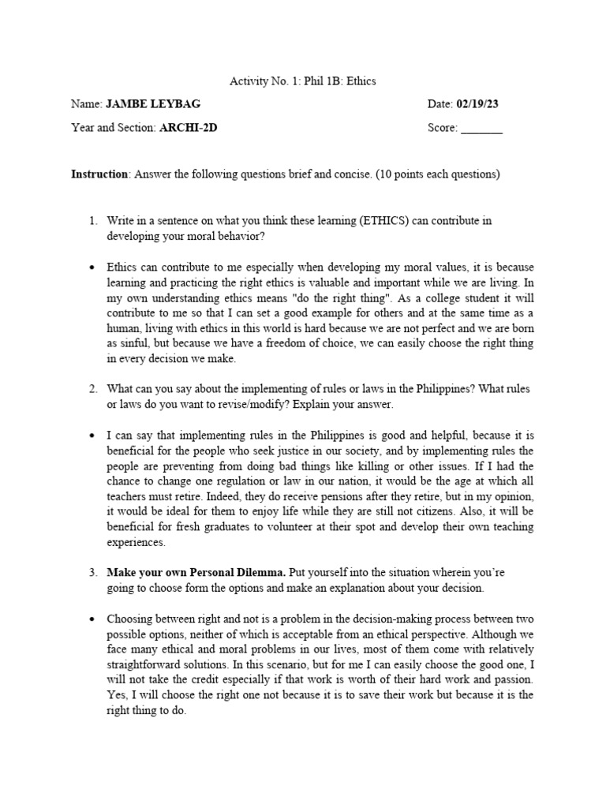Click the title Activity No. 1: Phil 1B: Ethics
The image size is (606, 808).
pyautogui.click(x=302, y=80)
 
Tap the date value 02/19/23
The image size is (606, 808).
pyautogui.click(x=478, y=103)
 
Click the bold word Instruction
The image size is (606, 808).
pyautogui.click(x=99, y=174)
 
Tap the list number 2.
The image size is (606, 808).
pyautogui.click(x=92, y=389)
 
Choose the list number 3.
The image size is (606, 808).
pyautogui.click(x=92, y=572)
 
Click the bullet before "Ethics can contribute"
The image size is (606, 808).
pyautogui.click(x=92, y=267)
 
